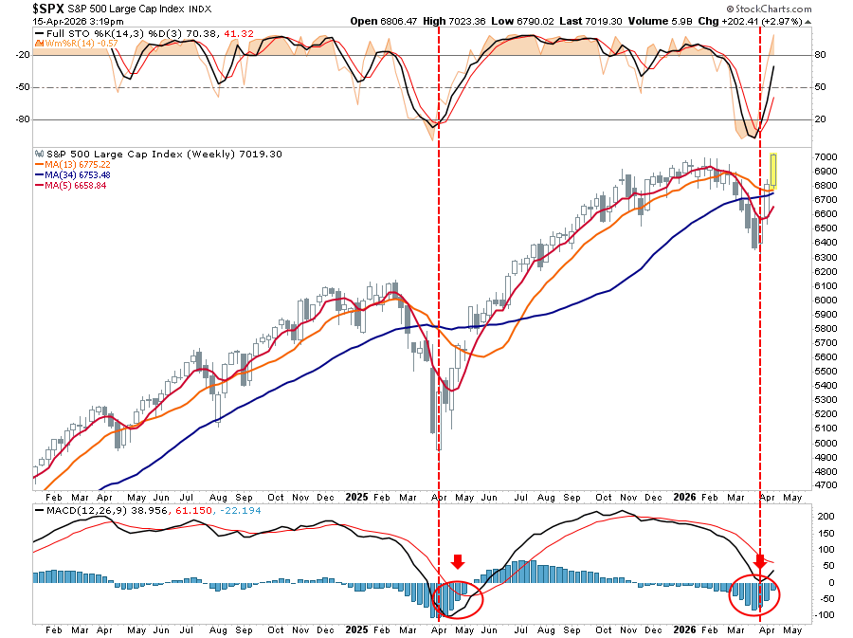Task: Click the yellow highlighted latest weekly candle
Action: pos(773,170)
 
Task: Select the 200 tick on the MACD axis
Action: pos(825,517)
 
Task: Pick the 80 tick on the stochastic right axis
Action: pos(821,55)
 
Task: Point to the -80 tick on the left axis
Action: pos(16,119)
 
